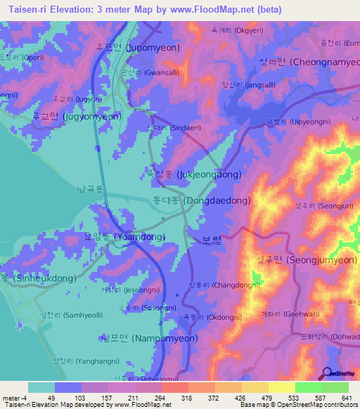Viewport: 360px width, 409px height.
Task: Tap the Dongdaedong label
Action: (x=201, y=201)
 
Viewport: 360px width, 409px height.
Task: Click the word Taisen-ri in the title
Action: (x=28, y=10)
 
